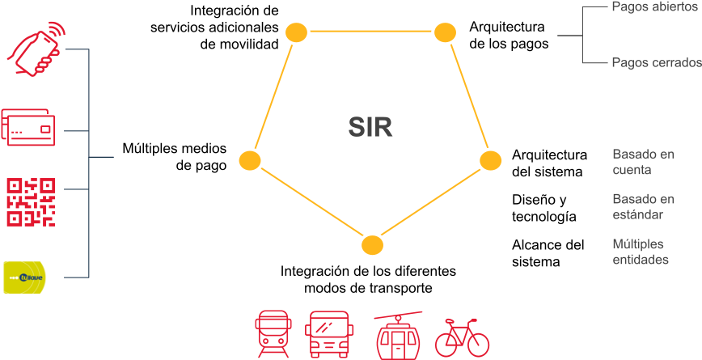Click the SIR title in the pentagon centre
[x=370, y=127]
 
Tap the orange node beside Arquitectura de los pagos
[x=446, y=32]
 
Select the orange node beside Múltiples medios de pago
[x=250, y=159]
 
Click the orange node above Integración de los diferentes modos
[x=371, y=244]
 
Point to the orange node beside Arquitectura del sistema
[x=491, y=160]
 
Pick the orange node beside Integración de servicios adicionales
[x=297, y=32]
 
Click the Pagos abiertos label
[x=651, y=8]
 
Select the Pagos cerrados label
[x=655, y=62]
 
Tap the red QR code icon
[x=30, y=201]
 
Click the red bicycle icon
[x=463, y=337]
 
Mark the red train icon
[x=273, y=334]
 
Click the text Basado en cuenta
[x=643, y=162]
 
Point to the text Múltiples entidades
[x=640, y=252]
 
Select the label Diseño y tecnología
[x=544, y=208]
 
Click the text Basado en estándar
[x=643, y=207]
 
